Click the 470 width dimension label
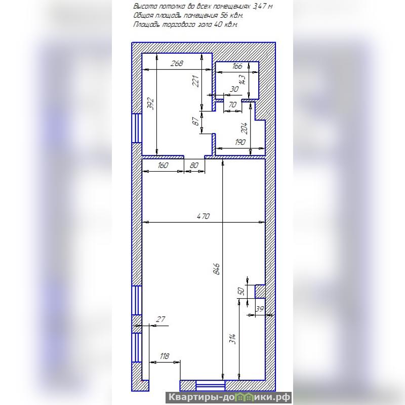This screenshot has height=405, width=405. tap(204, 216)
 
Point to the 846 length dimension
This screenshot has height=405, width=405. tap(217, 269)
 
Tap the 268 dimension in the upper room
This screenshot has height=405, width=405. tap(177, 63)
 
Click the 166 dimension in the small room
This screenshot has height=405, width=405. tap(237, 66)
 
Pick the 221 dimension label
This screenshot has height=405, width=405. tap(195, 81)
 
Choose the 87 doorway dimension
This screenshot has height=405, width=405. tap(196, 121)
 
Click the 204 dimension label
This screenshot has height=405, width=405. tap(244, 128)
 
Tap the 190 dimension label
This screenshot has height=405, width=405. tap(240, 142)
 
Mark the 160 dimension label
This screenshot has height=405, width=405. tap(163, 165)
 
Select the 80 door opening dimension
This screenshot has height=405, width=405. tap(194, 165)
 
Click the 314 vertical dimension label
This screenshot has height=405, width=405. tap(233, 339)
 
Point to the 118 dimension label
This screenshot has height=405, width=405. tap(164, 356)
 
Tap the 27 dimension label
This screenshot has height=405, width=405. tap(160, 319)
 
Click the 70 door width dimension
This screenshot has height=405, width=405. tap(232, 105)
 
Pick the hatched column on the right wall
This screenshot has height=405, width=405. tap(260, 292)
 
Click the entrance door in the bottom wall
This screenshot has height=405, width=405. tap(211, 386)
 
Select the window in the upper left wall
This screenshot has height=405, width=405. tap(137, 128)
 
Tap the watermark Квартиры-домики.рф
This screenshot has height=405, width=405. tap(229, 397)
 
